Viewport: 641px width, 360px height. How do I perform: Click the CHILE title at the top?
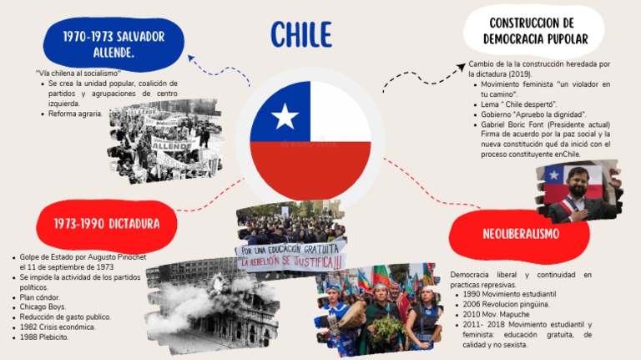coord(301,34)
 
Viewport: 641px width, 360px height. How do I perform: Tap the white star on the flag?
coord(285,116)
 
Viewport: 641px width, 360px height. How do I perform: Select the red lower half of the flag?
coord(310,169)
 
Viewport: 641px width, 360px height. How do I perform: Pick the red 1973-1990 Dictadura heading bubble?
coord(106,224)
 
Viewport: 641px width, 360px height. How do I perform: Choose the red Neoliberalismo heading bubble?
coord(520,234)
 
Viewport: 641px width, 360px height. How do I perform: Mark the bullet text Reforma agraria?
coord(76,114)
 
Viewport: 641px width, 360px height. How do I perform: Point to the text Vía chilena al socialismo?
coord(78,74)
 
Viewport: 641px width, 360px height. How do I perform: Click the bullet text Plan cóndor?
coord(45,297)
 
